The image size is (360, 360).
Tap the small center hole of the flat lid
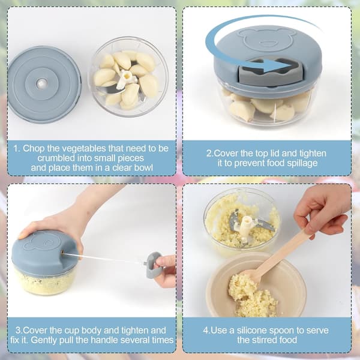(x=42, y=84)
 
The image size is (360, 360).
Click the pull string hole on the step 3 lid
(x=63, y=253)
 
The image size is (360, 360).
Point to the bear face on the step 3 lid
(x=42, y=242)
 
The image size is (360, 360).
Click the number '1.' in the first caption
(x=17, y=148)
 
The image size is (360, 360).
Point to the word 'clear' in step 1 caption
(x=122, y=167)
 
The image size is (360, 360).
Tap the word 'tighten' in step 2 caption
(x=313, y=153)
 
